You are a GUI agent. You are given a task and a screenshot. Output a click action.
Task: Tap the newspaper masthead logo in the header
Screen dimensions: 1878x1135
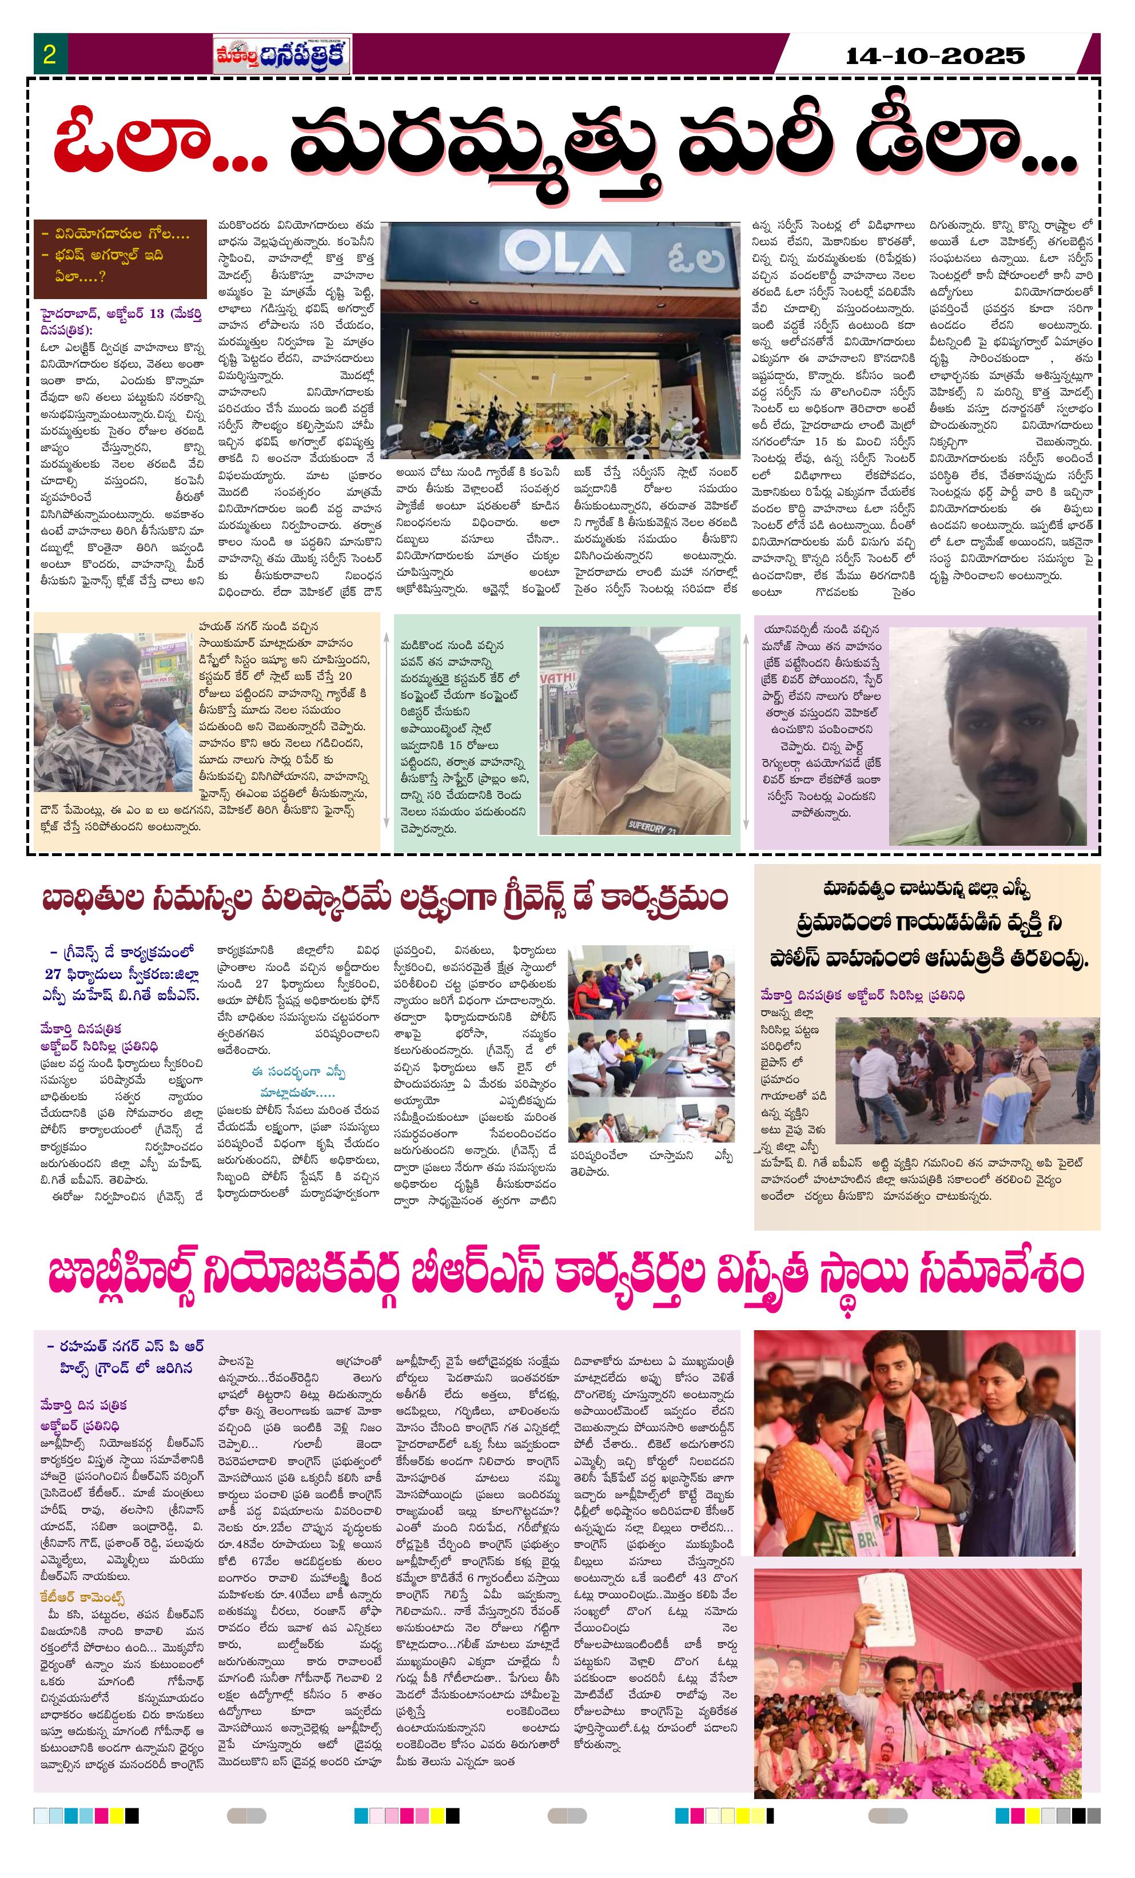click(x=281, y=55)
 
